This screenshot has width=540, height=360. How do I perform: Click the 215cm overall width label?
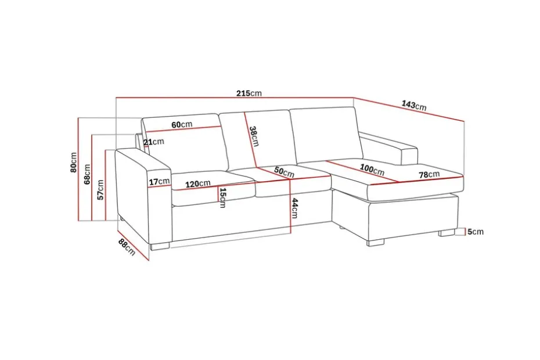coord(249,93)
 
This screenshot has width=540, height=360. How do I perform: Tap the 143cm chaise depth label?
coord(414,105)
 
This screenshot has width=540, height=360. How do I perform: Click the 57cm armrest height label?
coord(100,190)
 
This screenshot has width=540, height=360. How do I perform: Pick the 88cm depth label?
coord(127,247)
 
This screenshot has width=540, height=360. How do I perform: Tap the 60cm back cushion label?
coord(182,124)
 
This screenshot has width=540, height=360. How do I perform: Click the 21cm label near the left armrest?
coord(154,142)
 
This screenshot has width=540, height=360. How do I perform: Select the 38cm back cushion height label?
coord(254,136)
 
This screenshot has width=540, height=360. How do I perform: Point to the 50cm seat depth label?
coord(285,172)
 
